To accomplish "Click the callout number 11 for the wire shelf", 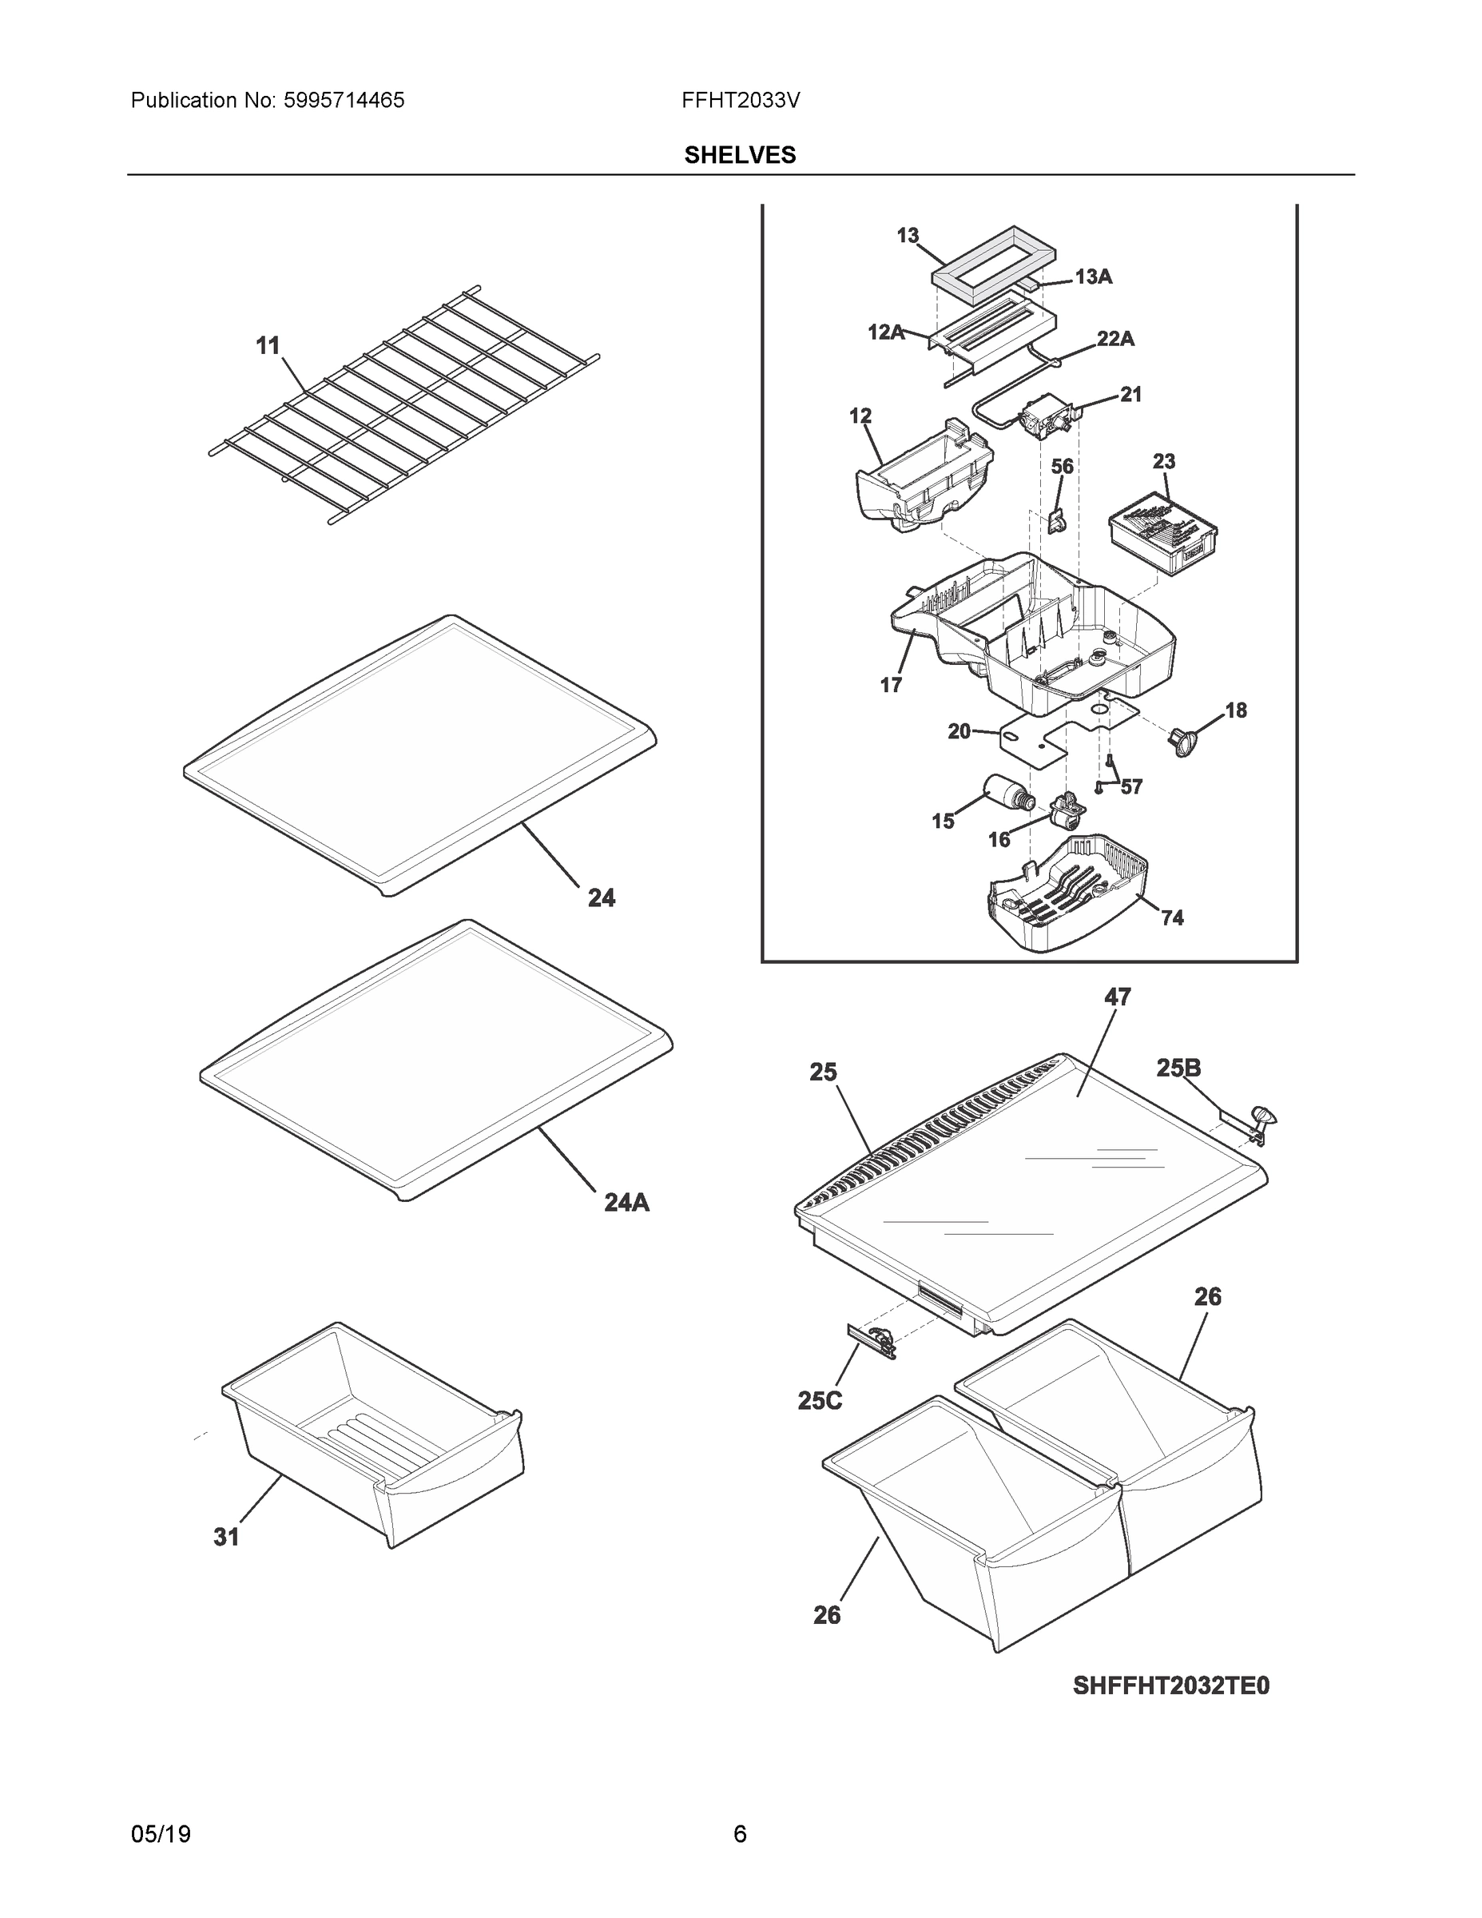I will pyautogui.click(x=268, y=346).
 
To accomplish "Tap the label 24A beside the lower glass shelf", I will pyautogui.click(x=626, y=1202).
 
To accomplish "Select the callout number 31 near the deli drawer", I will pyautogui.click(x=227, y=1537).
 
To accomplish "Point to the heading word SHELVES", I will pyautogui.click(x=740, y=156).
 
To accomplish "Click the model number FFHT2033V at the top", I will pyautogui.click(x=740, y=101).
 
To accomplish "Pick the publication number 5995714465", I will pyautogui.click(x=344, y=101).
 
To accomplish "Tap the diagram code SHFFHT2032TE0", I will pyautogui.click(x=1170, y=1685).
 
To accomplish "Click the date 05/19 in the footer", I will pyautogui.click(x=161, y=1835).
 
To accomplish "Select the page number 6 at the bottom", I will pyautogui.click(x=740, y=1835).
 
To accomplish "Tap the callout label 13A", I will pyautogui.click(x=1093, y=277).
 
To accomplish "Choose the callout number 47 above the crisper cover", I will pyautogui.click(x=1117, y=997).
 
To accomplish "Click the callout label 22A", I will pyautogui.click(x=1115, y=339).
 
